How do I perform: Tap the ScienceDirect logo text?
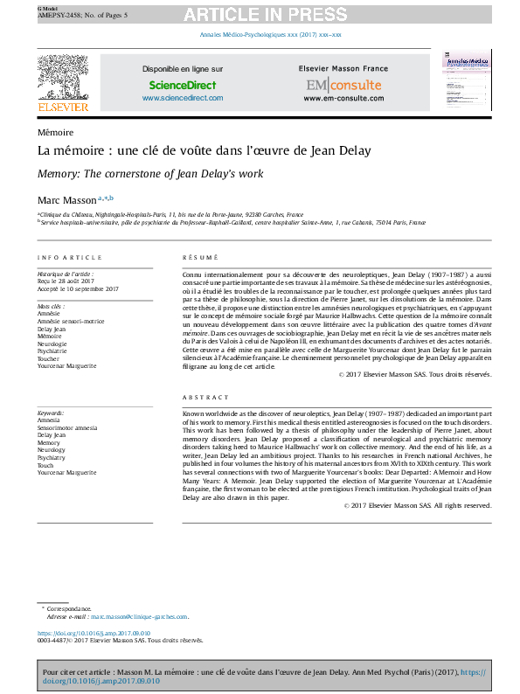pos(182,85)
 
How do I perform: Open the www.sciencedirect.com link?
pos(182,98)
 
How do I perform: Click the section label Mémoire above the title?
pos(55,132)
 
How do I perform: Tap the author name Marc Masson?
pos(66,200)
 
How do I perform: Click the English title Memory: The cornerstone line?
pos(149,174)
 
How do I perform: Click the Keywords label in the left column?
pos(52,413)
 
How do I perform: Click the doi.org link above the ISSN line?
pos(94,633)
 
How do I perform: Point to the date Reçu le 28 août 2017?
pos(66,281)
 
